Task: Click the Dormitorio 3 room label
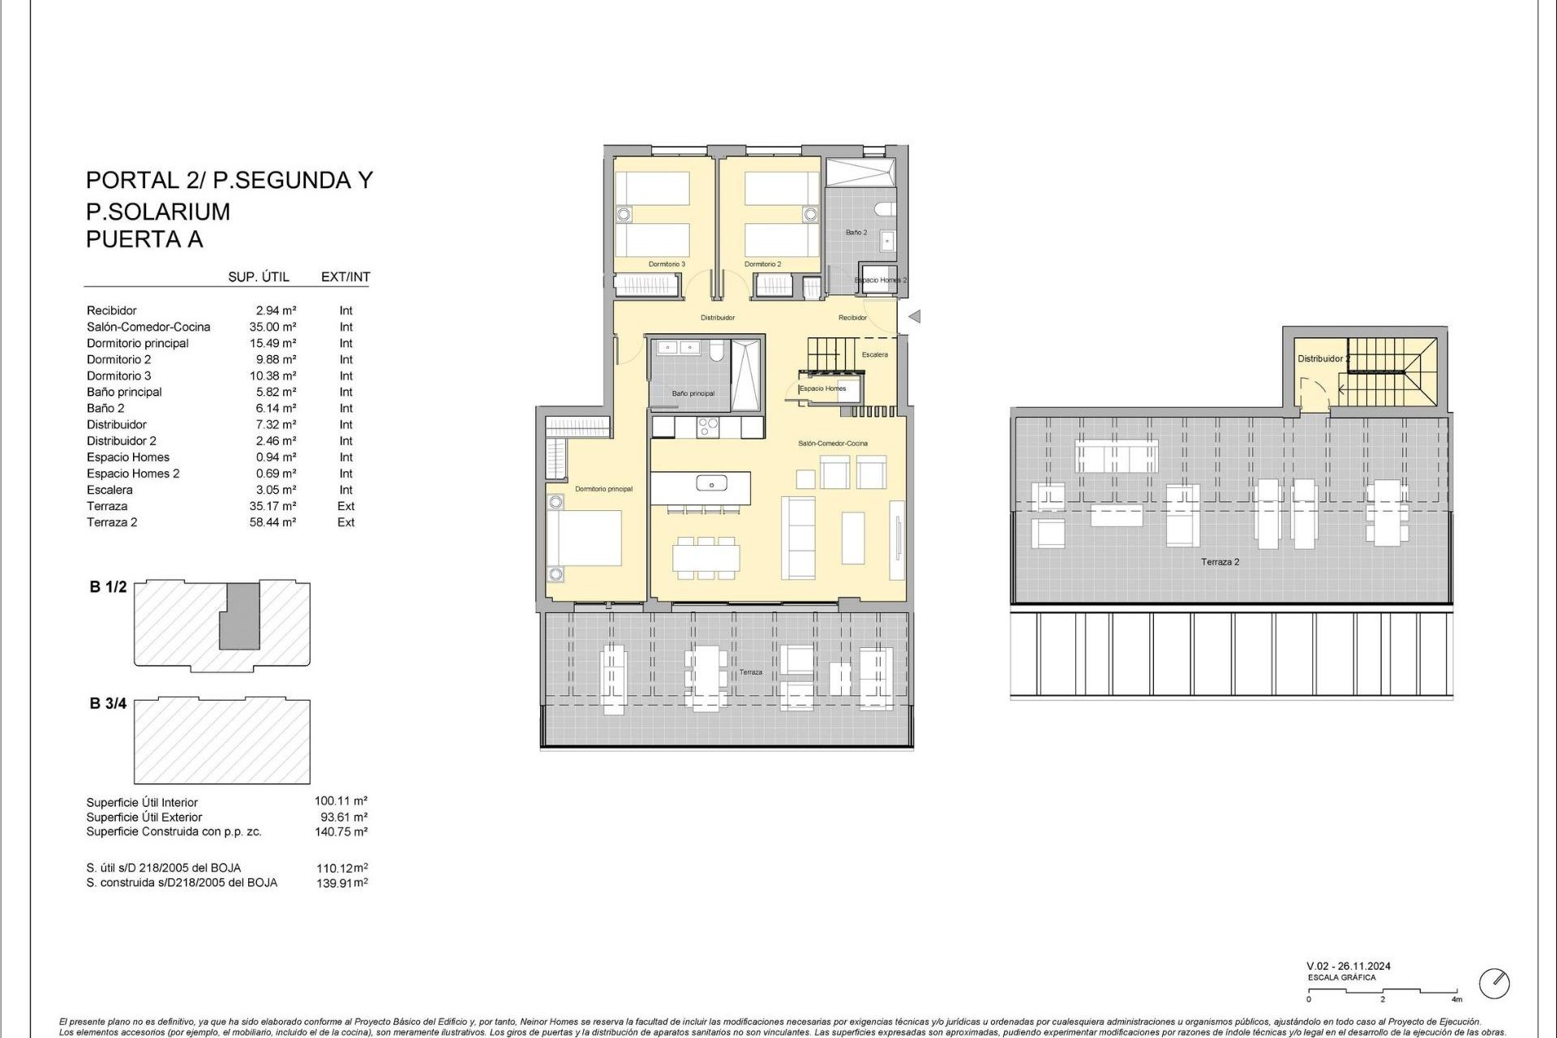[x=667, y=264]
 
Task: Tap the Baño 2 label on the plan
[x=856, y=233]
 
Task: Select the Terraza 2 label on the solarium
[x=1220, y=562]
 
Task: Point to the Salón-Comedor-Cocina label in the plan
[x=833, y=444]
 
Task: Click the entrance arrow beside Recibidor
[x=915, y=317]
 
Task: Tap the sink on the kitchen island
[x=711, y=485]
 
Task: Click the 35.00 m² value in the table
[x=272, y=327]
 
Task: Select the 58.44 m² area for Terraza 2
[x=272, y=522]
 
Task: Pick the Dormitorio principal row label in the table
[x=138, y=343]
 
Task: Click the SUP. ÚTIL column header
[x=259, y=277]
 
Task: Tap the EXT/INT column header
[x=345, y=277]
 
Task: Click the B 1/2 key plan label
[x=108, y=587]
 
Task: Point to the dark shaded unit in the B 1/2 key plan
[x=241, y=616]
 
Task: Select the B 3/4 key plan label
[x=108, y=704]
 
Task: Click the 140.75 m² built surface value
[x=341, y=832]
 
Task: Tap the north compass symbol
[x=1495, y=984]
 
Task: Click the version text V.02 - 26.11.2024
[x=1349, y=966]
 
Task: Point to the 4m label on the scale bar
[x=1456, y=1000]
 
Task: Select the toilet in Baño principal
[x=717, y=350]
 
